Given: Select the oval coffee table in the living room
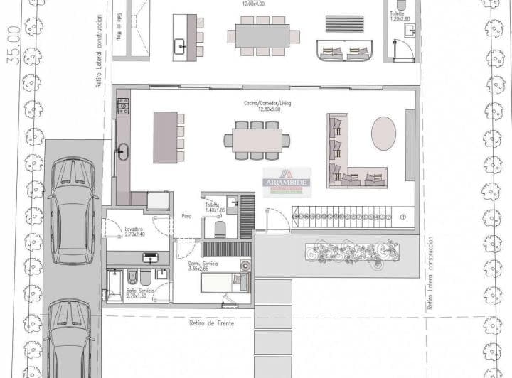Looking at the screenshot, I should click(x=385, y=134).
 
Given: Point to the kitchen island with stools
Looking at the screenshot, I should click(x=164, y=137).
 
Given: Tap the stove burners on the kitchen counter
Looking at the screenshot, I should click(x=122, y=107).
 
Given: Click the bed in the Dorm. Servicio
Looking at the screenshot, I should click(x=223, y=283).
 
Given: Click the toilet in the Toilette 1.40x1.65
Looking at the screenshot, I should click(x=220, y=227).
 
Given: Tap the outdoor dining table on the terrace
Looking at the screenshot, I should click(x=259, y=36).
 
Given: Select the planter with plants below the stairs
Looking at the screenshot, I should click(x=350, y=251).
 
